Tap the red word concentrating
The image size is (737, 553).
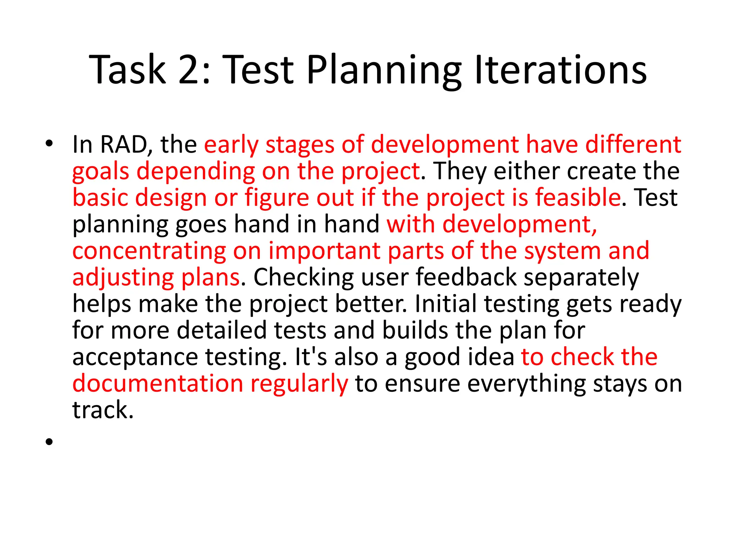tap(149, 251)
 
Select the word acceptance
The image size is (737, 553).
tap(135, 357)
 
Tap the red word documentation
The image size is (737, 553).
tap(158, 383)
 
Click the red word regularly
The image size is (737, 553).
tap(299, 384)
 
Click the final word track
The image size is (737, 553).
tap(103, 410)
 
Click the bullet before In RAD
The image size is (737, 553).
tap(49, 144)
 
